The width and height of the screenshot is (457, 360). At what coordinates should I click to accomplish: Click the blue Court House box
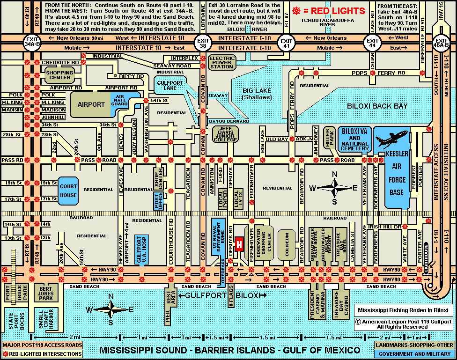[x=68, y=191]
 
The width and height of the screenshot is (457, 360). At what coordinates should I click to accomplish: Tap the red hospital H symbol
[x=240, y=244]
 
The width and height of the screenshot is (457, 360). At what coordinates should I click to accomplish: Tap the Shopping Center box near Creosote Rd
[x=60, y=75]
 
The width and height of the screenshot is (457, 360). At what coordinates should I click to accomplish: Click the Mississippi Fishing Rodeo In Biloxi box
[x=403, y=310]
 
